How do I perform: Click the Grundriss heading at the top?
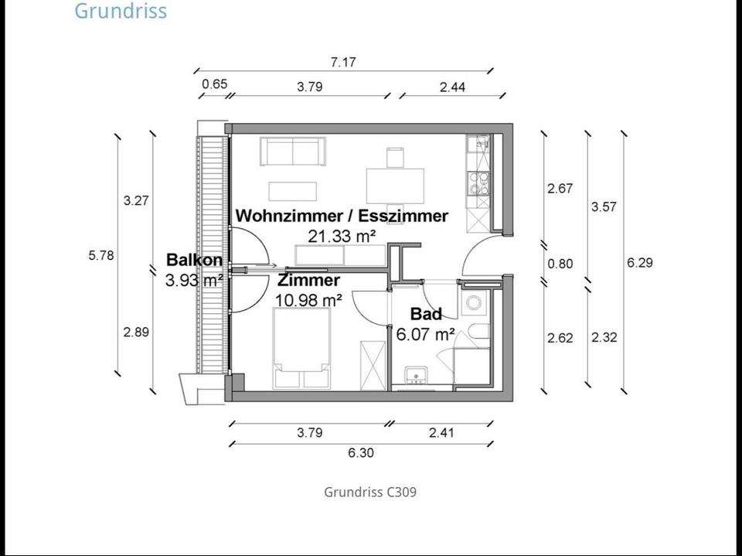point(121,12)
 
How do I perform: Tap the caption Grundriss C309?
point(370,492)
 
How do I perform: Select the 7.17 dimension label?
point(342,62)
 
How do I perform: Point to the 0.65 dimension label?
point(214,84)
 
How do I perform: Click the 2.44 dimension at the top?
point(452,87)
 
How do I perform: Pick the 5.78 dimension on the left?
point(101,254)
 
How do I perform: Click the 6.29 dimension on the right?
point(639,262)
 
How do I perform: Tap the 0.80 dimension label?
point(560,264)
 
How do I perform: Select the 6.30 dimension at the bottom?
point(360,452)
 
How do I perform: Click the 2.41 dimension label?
point(441,433)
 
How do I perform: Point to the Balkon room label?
point(194,261)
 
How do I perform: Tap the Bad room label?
point(426,314)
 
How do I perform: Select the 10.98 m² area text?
point(309,299)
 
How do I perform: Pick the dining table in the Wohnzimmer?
point(395,182)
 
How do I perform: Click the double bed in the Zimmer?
point(301,348)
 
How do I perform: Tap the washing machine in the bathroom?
point(473,303)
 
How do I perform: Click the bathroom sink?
point(417,375)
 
